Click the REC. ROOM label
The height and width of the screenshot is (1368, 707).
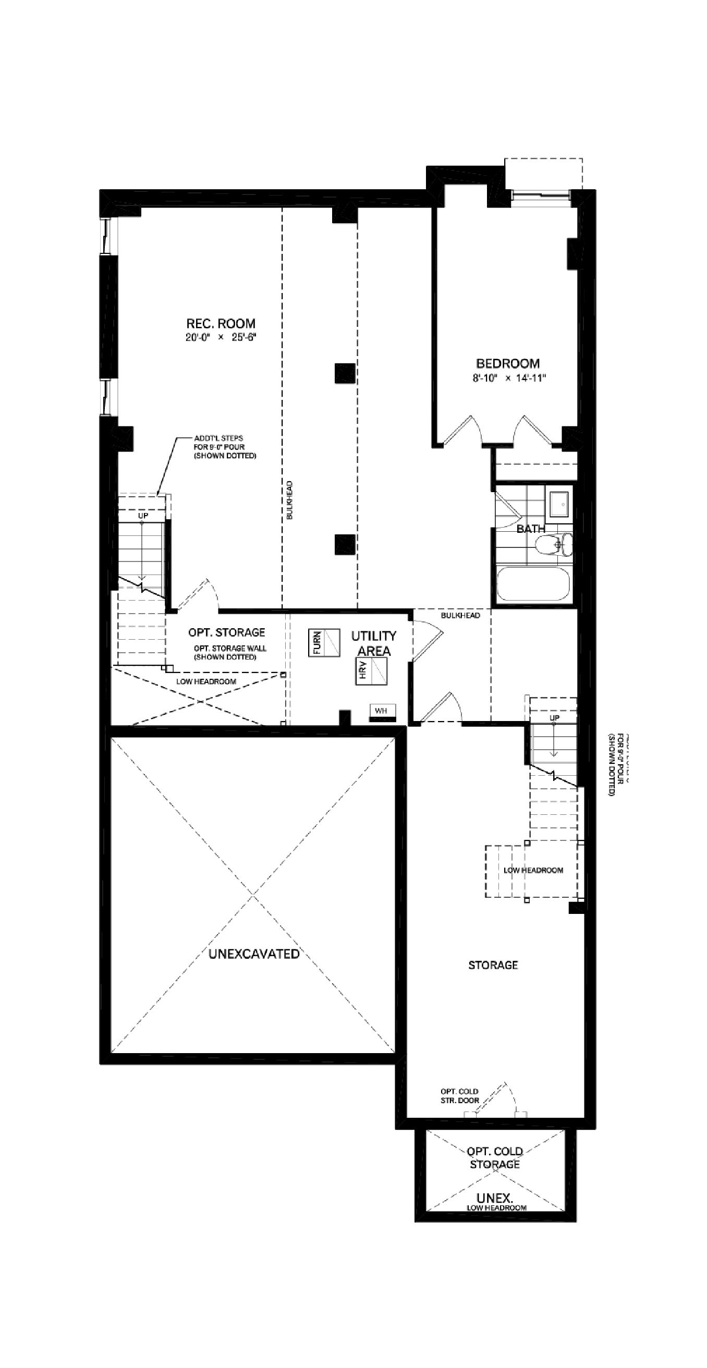pyautogui.click(x=221, y=323)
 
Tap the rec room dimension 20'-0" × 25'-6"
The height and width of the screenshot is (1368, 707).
pyautogui.click(x=221, y=338)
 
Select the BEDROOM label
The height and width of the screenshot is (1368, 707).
pyautogui.click(x=508, y=364)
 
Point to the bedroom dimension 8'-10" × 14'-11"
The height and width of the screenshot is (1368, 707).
pyautogui.click(x=509, y=378)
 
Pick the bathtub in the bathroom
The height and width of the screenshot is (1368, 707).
pyautogui.click(x=533, y=584)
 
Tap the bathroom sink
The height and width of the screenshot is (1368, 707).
pyautogui.click(x=559, y=504)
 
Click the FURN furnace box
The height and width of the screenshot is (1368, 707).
pyautogui.click(x=323, y=643)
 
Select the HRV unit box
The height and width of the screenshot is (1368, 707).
pyautogui.click(x=371, y=671)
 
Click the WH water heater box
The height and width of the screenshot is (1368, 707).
pyautogui.click(x=382, y=711)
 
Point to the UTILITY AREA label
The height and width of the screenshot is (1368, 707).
pyautogui.click(x=374, y=643)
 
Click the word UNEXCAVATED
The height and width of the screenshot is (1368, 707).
pyautogui.click(x=254, y=954)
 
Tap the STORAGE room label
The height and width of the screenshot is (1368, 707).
pyautogui.click(x=493, y=965)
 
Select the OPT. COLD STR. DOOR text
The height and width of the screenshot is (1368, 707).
pyautogui.click(x=459, y=1095)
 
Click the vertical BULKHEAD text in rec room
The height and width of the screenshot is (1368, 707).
pyautogui.click(x=289, y=500)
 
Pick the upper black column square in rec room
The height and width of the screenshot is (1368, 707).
pyautogui.click(x=345, y=373)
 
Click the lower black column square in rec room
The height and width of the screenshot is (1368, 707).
pyautogui.click(x=345, y=544)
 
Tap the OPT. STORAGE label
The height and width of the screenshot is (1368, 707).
pyautogui.click(x=227, y=632)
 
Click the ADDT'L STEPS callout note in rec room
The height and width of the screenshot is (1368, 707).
pyautogui.click(x=225, y=447)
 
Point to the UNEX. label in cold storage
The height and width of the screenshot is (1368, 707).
pyautogui.click(x=494, y=1198)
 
